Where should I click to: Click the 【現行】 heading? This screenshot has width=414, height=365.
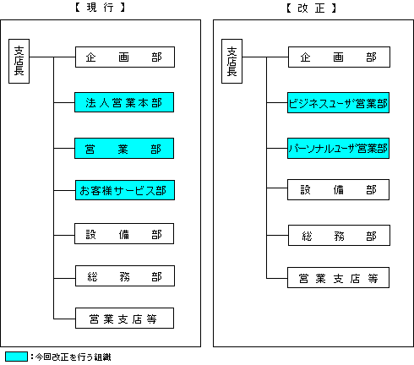(x=100, y=8)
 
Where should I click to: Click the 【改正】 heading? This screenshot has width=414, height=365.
(x=311, y=8)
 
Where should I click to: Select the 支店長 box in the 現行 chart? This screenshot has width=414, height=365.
(x=19, y=61)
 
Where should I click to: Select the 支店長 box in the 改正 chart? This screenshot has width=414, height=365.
(x=232, y=61)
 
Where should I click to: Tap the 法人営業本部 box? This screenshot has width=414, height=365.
(x=124, y=102)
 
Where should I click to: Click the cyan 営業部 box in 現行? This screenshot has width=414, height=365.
(x=124, y=149)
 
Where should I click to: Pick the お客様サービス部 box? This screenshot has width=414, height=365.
(x=125, y=190)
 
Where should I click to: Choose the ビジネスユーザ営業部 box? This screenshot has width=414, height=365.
(x=338, y=103)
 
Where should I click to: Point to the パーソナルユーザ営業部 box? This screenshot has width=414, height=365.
(x=338, y=149)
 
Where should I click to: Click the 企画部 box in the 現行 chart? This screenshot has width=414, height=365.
(x=125, y=57)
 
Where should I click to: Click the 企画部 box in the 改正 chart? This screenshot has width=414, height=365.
(x=339, y=57)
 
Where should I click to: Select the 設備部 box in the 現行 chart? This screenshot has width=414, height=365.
(x=124, y=234)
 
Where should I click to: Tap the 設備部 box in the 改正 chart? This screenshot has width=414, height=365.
(x=338, y=189)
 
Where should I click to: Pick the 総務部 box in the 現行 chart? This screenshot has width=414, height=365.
(x=125, y=276)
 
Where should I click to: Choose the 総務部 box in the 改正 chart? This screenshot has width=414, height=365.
(x=339, y=236)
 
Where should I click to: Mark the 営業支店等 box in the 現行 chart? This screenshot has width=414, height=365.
(x=125, y=319)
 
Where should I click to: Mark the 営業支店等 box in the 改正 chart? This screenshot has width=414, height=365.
(x=338, y=278)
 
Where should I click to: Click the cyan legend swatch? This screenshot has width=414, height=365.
(x=17, y=357)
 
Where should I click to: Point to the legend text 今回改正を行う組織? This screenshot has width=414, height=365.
(x=73, y=357)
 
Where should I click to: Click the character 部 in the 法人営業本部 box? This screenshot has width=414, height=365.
(x=156, y=103)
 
